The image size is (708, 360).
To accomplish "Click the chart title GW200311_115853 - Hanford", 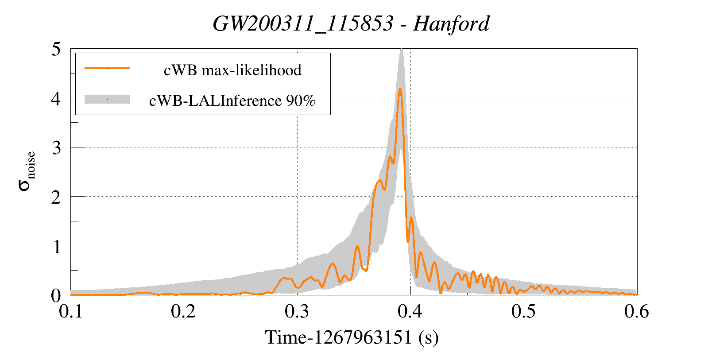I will point(351,23).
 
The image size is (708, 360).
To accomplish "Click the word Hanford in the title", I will point(451,23).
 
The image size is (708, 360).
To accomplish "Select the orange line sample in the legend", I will point(107,68).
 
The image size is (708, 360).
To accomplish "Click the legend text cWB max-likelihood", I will point(232,70).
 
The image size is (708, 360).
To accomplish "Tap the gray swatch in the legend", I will point(107,99).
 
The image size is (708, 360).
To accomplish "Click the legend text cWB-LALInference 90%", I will point(232,101).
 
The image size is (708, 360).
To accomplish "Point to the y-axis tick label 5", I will point(56,49).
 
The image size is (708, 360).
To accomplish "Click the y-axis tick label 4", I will point(56,98).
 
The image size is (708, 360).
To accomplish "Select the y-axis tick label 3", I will point(56,148).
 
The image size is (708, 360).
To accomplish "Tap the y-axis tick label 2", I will point(56,197).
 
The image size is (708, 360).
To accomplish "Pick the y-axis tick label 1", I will point(56,247).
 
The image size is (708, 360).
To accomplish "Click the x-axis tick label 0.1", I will point(71,311).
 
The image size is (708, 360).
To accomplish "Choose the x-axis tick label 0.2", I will point(184,311).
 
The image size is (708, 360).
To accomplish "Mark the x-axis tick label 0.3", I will point(297,311).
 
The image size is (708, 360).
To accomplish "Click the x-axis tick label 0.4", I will point(410,311).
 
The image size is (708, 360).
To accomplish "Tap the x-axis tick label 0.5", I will point(523,311).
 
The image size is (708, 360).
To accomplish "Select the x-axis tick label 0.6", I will point(637,311).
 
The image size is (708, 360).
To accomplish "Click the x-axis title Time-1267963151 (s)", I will point(352,337).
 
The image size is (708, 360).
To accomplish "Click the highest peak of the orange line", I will point(400,89).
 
